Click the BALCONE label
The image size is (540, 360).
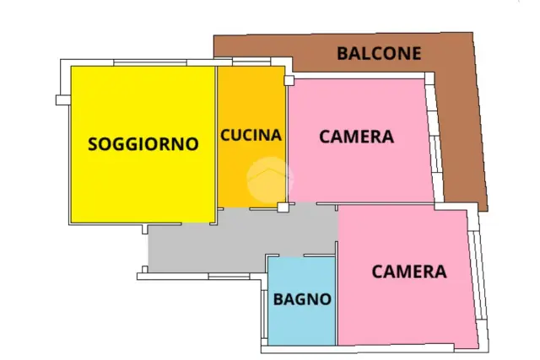coord(379,53)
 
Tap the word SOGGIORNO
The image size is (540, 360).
coord(143,144)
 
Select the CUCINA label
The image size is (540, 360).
coord(251,135)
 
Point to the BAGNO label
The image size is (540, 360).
coord(302,299)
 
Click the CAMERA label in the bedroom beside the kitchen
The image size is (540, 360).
coord(356,137)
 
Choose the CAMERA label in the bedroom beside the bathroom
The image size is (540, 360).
coord(409,271)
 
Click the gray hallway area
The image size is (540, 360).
coord(241,241)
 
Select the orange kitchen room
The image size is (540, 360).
coord(251,137)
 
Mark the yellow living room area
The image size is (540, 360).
coord(143,144)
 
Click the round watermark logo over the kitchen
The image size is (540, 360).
coord(270,180)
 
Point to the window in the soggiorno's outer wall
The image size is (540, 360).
coord(150,62)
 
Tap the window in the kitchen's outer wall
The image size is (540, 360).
coord(251,62)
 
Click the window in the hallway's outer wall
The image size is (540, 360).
coord(229,276)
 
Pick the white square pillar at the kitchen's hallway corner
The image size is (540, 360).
coord(283,207)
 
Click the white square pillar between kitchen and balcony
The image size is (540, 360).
coord(289,81)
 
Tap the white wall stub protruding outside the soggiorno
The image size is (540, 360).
coord(63,99)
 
